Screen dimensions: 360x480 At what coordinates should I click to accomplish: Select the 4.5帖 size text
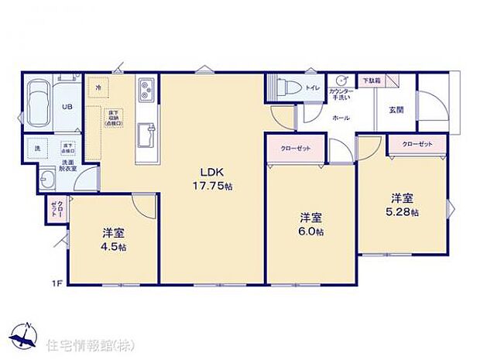[114, 246]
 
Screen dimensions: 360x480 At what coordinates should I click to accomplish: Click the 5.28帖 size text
[403, 211]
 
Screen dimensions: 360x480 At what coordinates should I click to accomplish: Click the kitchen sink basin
[146, 137]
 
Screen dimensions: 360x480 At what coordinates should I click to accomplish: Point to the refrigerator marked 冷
[99, 89]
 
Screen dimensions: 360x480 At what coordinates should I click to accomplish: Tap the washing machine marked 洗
[36, 146]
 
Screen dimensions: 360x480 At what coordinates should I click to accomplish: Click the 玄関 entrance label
[395, 109]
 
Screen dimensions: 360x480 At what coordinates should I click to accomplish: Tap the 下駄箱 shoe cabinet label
[372, 81]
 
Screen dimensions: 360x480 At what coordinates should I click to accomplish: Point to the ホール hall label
[340, 118]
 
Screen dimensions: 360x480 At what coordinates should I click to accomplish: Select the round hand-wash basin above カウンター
[341, 81]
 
